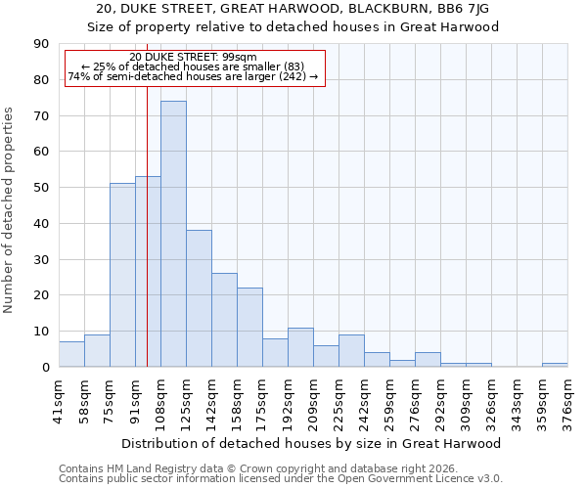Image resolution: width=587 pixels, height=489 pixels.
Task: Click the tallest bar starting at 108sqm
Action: pos(173,234)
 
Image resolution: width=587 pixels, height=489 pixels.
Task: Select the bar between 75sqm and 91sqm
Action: pos(122,275)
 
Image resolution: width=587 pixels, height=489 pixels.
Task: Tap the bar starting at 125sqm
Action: pos(199,298)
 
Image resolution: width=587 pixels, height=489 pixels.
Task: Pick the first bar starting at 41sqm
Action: pos(71,354)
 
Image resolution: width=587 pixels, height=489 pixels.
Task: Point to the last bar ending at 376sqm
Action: pos(555,365)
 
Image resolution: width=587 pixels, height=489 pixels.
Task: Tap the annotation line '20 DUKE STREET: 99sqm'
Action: pos(193,58)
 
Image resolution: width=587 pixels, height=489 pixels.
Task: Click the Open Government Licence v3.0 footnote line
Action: pos(281,479)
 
